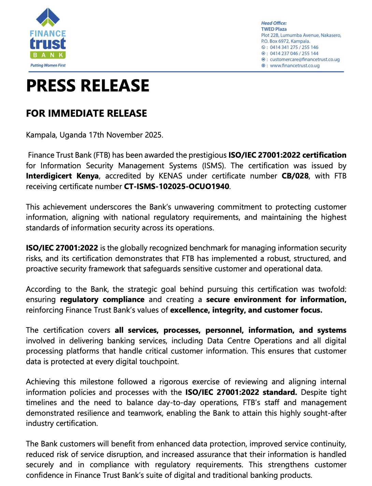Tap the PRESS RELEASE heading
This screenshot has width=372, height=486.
[x=88, y=86]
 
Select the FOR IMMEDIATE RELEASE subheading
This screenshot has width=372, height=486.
[x=86, y=113]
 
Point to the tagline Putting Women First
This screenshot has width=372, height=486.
[x=48, y=65]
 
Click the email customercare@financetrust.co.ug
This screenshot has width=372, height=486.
[x=305, y=59]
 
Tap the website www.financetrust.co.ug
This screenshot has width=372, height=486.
[x=295, y=66]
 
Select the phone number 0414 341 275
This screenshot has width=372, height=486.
[x=284, y=47]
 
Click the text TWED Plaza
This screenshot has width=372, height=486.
[x=274, y=29]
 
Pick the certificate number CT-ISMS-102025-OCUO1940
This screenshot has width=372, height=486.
[x=176, y=187]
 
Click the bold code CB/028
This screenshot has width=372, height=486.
[x=295, y=176]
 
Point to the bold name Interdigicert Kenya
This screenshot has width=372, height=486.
[x=62, y=176]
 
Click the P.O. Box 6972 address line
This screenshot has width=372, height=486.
[x=285, y=41]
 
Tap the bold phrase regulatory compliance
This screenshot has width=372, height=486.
[x=102, y=300]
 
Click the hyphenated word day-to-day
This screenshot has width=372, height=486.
[x=176, y=403]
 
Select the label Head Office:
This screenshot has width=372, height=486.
[x=274, y=23]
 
